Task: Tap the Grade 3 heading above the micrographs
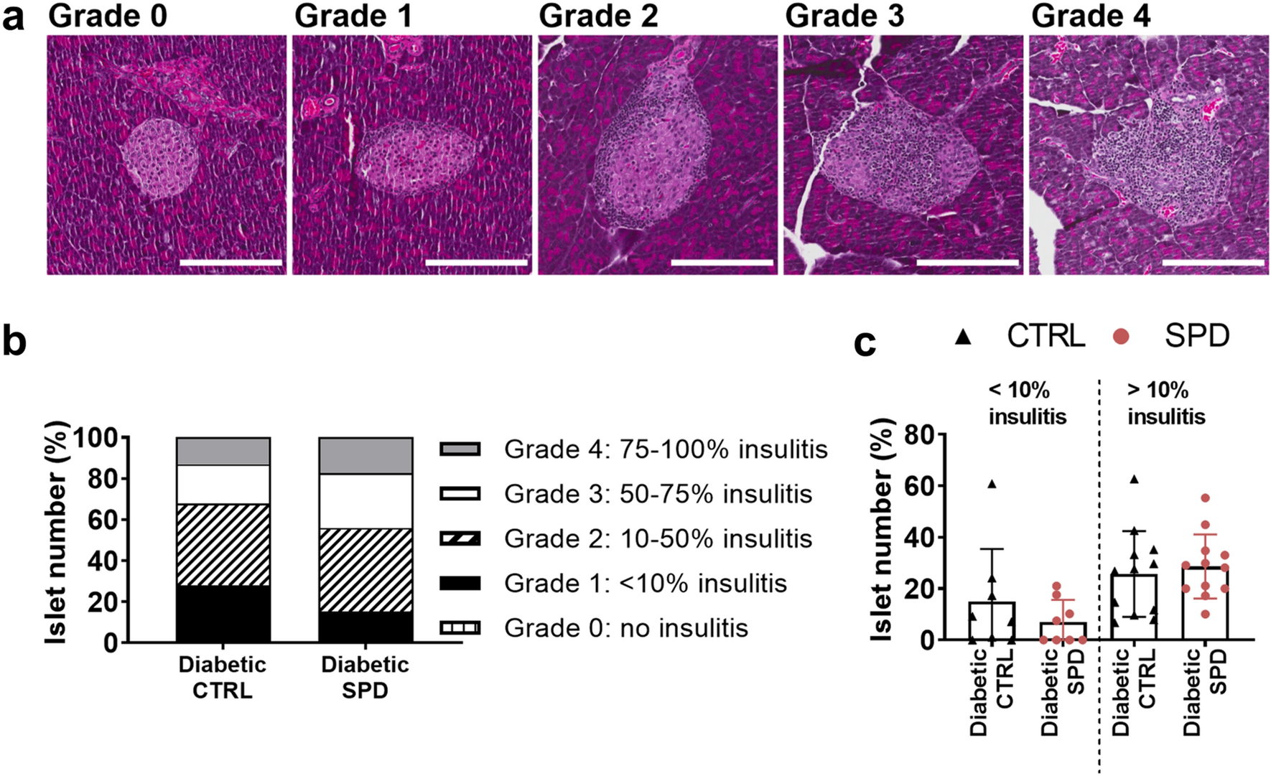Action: click(844, 16)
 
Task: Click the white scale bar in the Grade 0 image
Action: click(231, 263)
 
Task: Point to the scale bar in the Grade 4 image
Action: click(1213, 263)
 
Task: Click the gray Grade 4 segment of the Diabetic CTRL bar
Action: click(223, 452)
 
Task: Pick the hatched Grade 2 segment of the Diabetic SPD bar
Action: click(366, 570)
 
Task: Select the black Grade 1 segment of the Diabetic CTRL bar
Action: click(223, 614)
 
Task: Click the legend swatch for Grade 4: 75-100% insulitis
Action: click(460, 450)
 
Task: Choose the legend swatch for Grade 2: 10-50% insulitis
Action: click(460, 539)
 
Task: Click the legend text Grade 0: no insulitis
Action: click(625, 628)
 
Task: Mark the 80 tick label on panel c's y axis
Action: click(921, 435)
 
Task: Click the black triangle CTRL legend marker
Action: click(963, 336)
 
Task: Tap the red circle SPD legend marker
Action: click(1120, 336)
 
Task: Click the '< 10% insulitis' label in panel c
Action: click(1027, 403)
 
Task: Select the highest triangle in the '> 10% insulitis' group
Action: click(1135, 479)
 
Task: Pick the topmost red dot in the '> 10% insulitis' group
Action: click(1205, 498)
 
